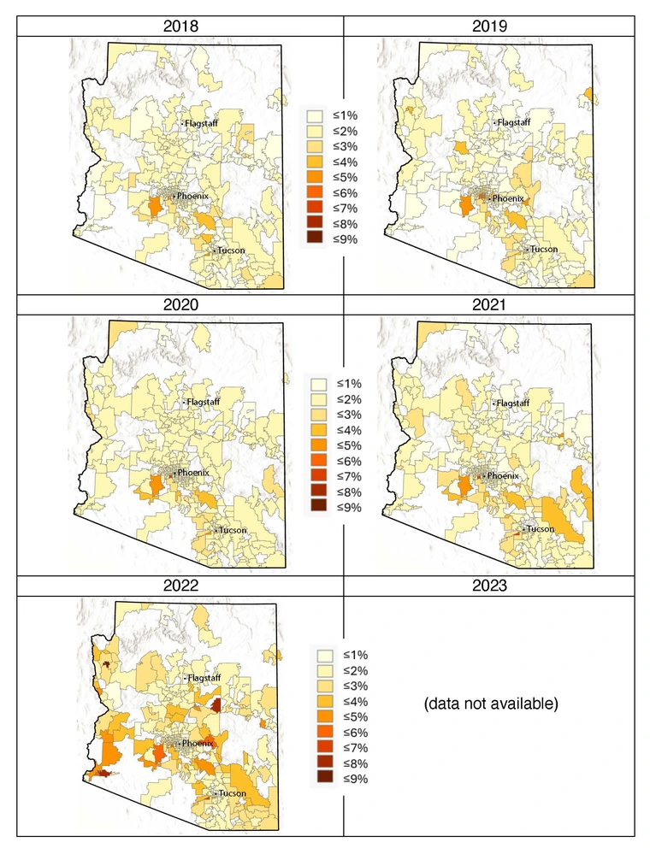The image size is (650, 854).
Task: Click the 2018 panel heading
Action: tap(180, 27)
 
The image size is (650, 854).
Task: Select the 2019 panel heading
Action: tap(489, 27)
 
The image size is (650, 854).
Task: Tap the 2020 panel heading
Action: tap(180, 305)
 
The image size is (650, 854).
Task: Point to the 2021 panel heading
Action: tap(489, 305)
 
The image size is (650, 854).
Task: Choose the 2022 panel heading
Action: tap(180, 586)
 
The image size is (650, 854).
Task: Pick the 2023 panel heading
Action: tap(489, 586)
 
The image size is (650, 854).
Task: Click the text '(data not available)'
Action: tap(490, 704)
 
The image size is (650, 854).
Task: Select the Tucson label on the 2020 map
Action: tap(232, 530)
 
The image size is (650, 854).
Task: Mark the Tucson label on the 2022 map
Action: tap(232, 793)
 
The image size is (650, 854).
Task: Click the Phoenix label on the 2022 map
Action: tap(198, 744)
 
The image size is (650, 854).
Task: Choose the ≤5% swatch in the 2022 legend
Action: tap(325, 716)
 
